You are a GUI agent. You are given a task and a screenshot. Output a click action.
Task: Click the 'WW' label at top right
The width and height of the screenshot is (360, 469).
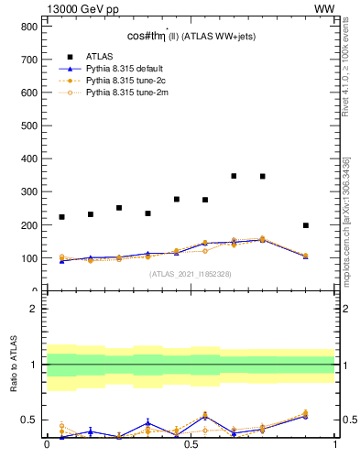tap(324, 8)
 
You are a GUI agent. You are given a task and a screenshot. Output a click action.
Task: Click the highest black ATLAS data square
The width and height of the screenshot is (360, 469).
tap(235, 176)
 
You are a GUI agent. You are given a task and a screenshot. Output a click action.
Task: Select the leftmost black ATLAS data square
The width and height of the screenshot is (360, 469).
tap(61, 217)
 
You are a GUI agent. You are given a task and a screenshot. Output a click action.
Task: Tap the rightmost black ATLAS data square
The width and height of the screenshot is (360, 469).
tap(306, 225)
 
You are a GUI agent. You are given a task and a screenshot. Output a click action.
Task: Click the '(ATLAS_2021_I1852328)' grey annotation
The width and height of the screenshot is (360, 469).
tap(190, 274)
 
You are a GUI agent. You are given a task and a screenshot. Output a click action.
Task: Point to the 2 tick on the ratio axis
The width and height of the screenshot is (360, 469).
tap(33, 309)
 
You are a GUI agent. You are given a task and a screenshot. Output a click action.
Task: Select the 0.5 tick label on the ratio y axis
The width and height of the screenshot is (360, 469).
tap(28, 420)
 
